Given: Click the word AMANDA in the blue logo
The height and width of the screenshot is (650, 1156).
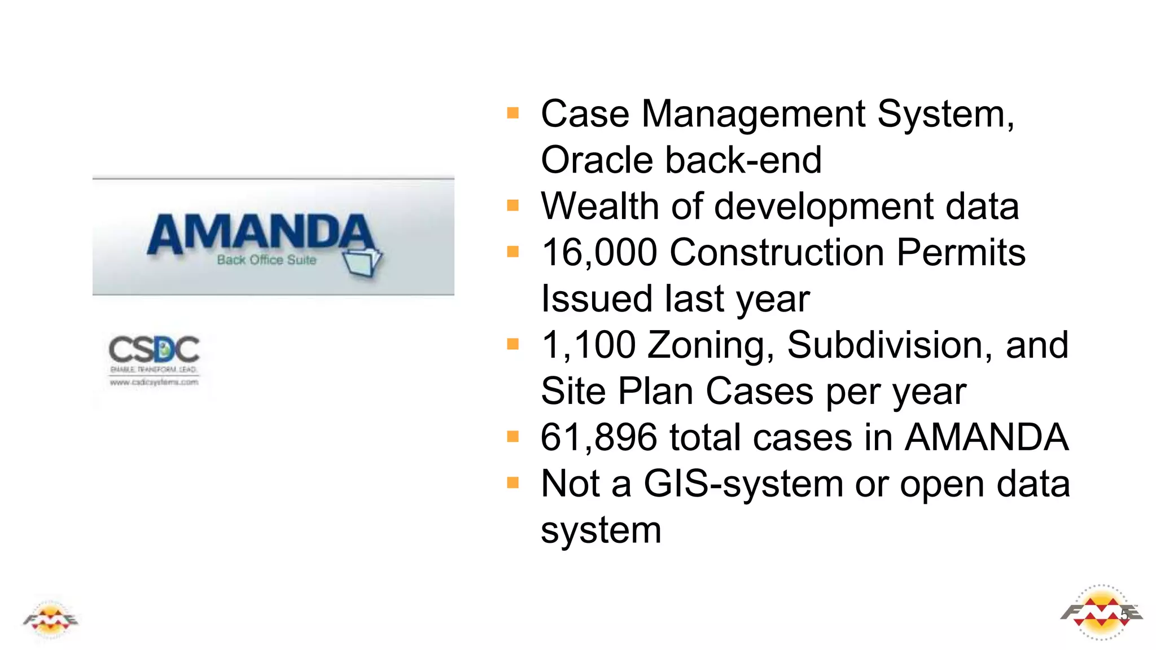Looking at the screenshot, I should (260, 232).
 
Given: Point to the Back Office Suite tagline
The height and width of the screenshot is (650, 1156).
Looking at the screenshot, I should (266, 260).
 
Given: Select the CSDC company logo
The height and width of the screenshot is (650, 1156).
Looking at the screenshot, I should (154, 350).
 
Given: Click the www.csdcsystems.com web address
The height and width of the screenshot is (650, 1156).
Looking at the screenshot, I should (154, 382).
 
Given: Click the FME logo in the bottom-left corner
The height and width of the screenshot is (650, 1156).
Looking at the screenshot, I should (51, 620).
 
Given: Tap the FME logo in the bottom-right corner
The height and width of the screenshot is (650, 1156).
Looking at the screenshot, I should (1101, 613).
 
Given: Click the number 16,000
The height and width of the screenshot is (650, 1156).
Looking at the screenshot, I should (599, 252).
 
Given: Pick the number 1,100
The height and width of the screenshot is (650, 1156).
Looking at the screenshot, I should (588, 345).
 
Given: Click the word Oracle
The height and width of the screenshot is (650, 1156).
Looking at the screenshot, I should (597, 160).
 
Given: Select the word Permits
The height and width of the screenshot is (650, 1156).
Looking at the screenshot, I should (961, 252).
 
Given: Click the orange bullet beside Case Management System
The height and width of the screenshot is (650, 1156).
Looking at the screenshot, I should (513, 113).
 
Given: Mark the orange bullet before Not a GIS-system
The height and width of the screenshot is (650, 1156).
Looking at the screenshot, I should (513, 483).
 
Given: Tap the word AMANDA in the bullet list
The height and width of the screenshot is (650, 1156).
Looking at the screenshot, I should (987, 437).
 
